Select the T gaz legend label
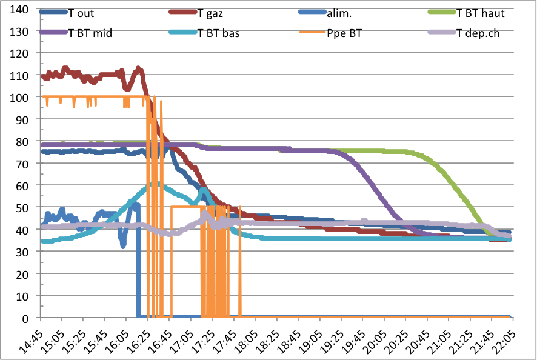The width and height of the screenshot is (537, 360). point(212,13)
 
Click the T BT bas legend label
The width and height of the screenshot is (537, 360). point(218,33)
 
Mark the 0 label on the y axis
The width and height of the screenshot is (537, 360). point(25,318)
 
